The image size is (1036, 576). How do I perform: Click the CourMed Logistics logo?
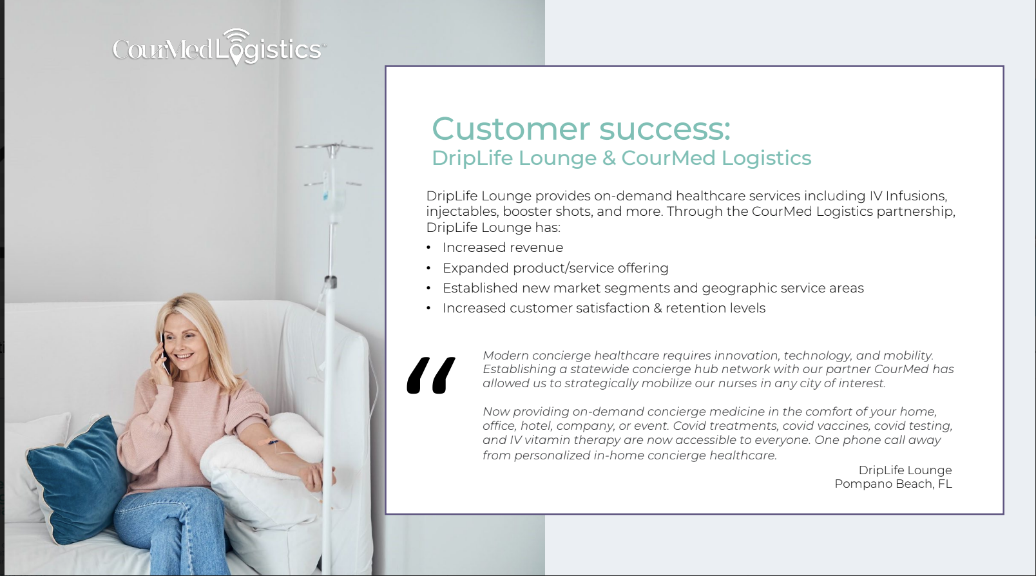click(x=220, y=47)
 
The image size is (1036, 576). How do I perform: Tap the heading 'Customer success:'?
click(x=581, y=128)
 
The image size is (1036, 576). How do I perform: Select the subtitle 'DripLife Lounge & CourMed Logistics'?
click(x=622, y=158)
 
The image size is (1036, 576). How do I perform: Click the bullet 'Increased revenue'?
click(x=503, y=247)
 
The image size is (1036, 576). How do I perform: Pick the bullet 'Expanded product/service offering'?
click(x=555, y=268)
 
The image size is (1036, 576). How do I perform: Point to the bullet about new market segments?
click(x=653, y=288)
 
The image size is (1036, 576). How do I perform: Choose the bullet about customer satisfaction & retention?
click(x=604, y=308)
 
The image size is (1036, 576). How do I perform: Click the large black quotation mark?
click(x=431, y=375)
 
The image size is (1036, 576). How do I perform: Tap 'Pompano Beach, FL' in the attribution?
click(x=893, y=484)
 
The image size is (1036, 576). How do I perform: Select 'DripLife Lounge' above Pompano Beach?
click(x=905, y=470)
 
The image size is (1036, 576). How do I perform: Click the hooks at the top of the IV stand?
click(x=334, y=148)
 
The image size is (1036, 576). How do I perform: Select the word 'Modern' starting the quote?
click(x=506, y=355)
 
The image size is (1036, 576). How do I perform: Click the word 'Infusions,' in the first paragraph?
click(x=916, y=196)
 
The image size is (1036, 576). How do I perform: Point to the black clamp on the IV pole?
click(x=331, y=282)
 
